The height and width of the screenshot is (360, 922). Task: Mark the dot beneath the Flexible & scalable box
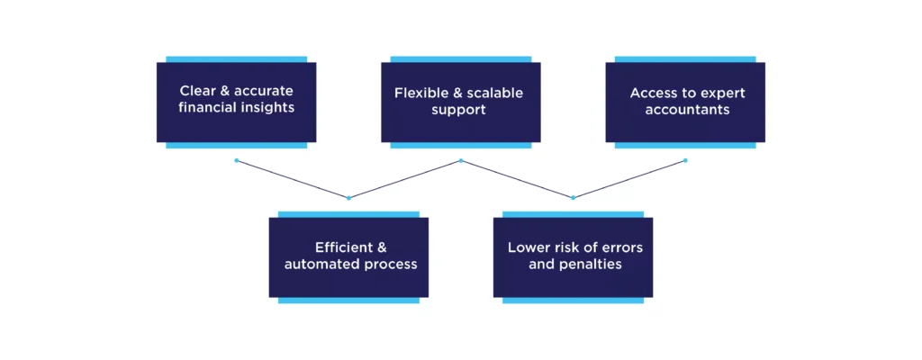click(461, 161)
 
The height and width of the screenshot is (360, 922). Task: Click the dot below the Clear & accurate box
click(237, 161)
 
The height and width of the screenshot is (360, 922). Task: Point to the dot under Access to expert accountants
click(685, 161)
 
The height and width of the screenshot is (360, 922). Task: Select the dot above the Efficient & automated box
click(348, 197)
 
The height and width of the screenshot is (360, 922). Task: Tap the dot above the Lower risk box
click(573, 197)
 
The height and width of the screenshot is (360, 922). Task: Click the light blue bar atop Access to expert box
click(685, 59)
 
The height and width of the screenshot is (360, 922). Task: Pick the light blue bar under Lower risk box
click(573, 300)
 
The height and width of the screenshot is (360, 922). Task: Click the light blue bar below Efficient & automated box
click(348, 300)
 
